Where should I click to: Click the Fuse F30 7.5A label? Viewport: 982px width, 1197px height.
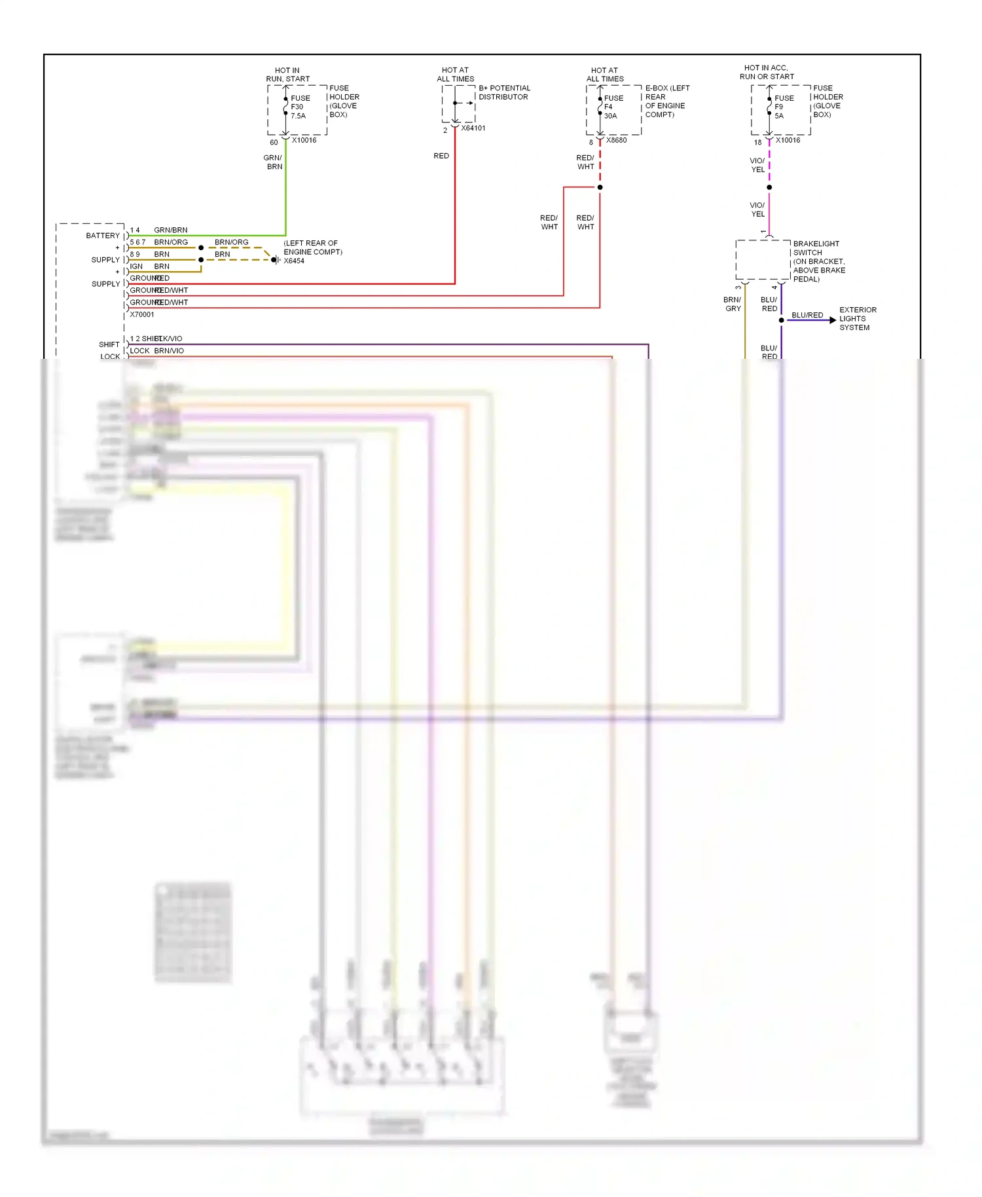point(300,107)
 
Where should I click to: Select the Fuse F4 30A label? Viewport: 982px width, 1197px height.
point(613,107)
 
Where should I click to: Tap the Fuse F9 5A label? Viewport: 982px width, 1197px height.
point(784,107)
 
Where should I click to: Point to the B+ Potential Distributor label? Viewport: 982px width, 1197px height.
point(504,92)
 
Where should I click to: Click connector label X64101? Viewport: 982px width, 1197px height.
point(473,128)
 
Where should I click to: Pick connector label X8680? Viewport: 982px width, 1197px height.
point(616,140)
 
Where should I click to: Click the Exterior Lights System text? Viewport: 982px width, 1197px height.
point(858,319)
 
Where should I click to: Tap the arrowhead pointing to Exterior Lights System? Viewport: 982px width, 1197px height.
point(833,320)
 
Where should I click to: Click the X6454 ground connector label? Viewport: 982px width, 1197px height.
point(294,261)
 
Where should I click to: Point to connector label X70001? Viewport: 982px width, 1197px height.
point(142,314)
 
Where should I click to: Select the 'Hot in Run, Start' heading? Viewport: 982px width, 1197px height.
point(287,75)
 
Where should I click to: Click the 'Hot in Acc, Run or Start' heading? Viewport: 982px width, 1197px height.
point(767,72)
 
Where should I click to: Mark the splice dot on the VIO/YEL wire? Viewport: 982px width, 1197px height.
point(769,187)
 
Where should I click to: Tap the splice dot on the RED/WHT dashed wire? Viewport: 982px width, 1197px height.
point(600,187)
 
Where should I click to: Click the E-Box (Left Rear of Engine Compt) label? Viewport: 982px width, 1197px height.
point(667,101)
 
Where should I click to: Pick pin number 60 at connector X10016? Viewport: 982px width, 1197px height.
point(274,142)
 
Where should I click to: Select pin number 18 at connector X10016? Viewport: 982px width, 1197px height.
point(757,142)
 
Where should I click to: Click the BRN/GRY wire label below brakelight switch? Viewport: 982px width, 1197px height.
point(733,304)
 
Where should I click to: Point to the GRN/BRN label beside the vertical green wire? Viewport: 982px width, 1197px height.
point(273,162)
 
